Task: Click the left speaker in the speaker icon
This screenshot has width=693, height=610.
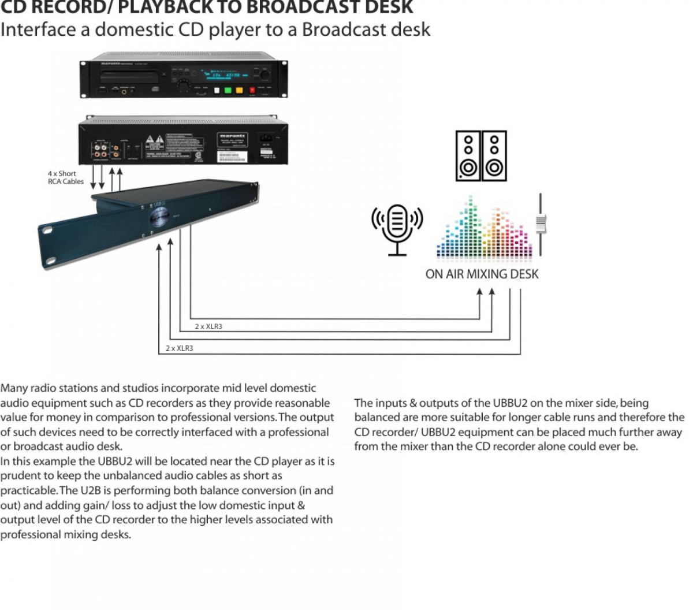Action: pyautogui.click(x=468, y=155)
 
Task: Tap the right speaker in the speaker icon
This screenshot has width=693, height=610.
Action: pyautogui.click(x=494, y=155)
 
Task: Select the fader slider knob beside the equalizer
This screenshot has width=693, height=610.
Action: pyautogui.click(x=541, y=224)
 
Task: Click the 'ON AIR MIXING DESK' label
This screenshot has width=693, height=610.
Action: pyautogui.click(x=482, y=274)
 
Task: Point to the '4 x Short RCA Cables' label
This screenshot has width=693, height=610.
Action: pyautogui.click(x=65, y=177)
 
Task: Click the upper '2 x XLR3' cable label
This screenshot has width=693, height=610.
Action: pyautogui.click(x=208, y=326)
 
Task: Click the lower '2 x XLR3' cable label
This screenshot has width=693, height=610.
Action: pyautogui.click(x=179, y=348)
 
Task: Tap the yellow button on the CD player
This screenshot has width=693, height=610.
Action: pyautogui.click(x=239, y=90)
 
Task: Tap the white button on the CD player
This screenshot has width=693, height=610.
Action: pyautogui.click(x=217, y=90)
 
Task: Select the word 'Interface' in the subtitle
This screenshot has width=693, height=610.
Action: pyautogui.click(x=38, y=29)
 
